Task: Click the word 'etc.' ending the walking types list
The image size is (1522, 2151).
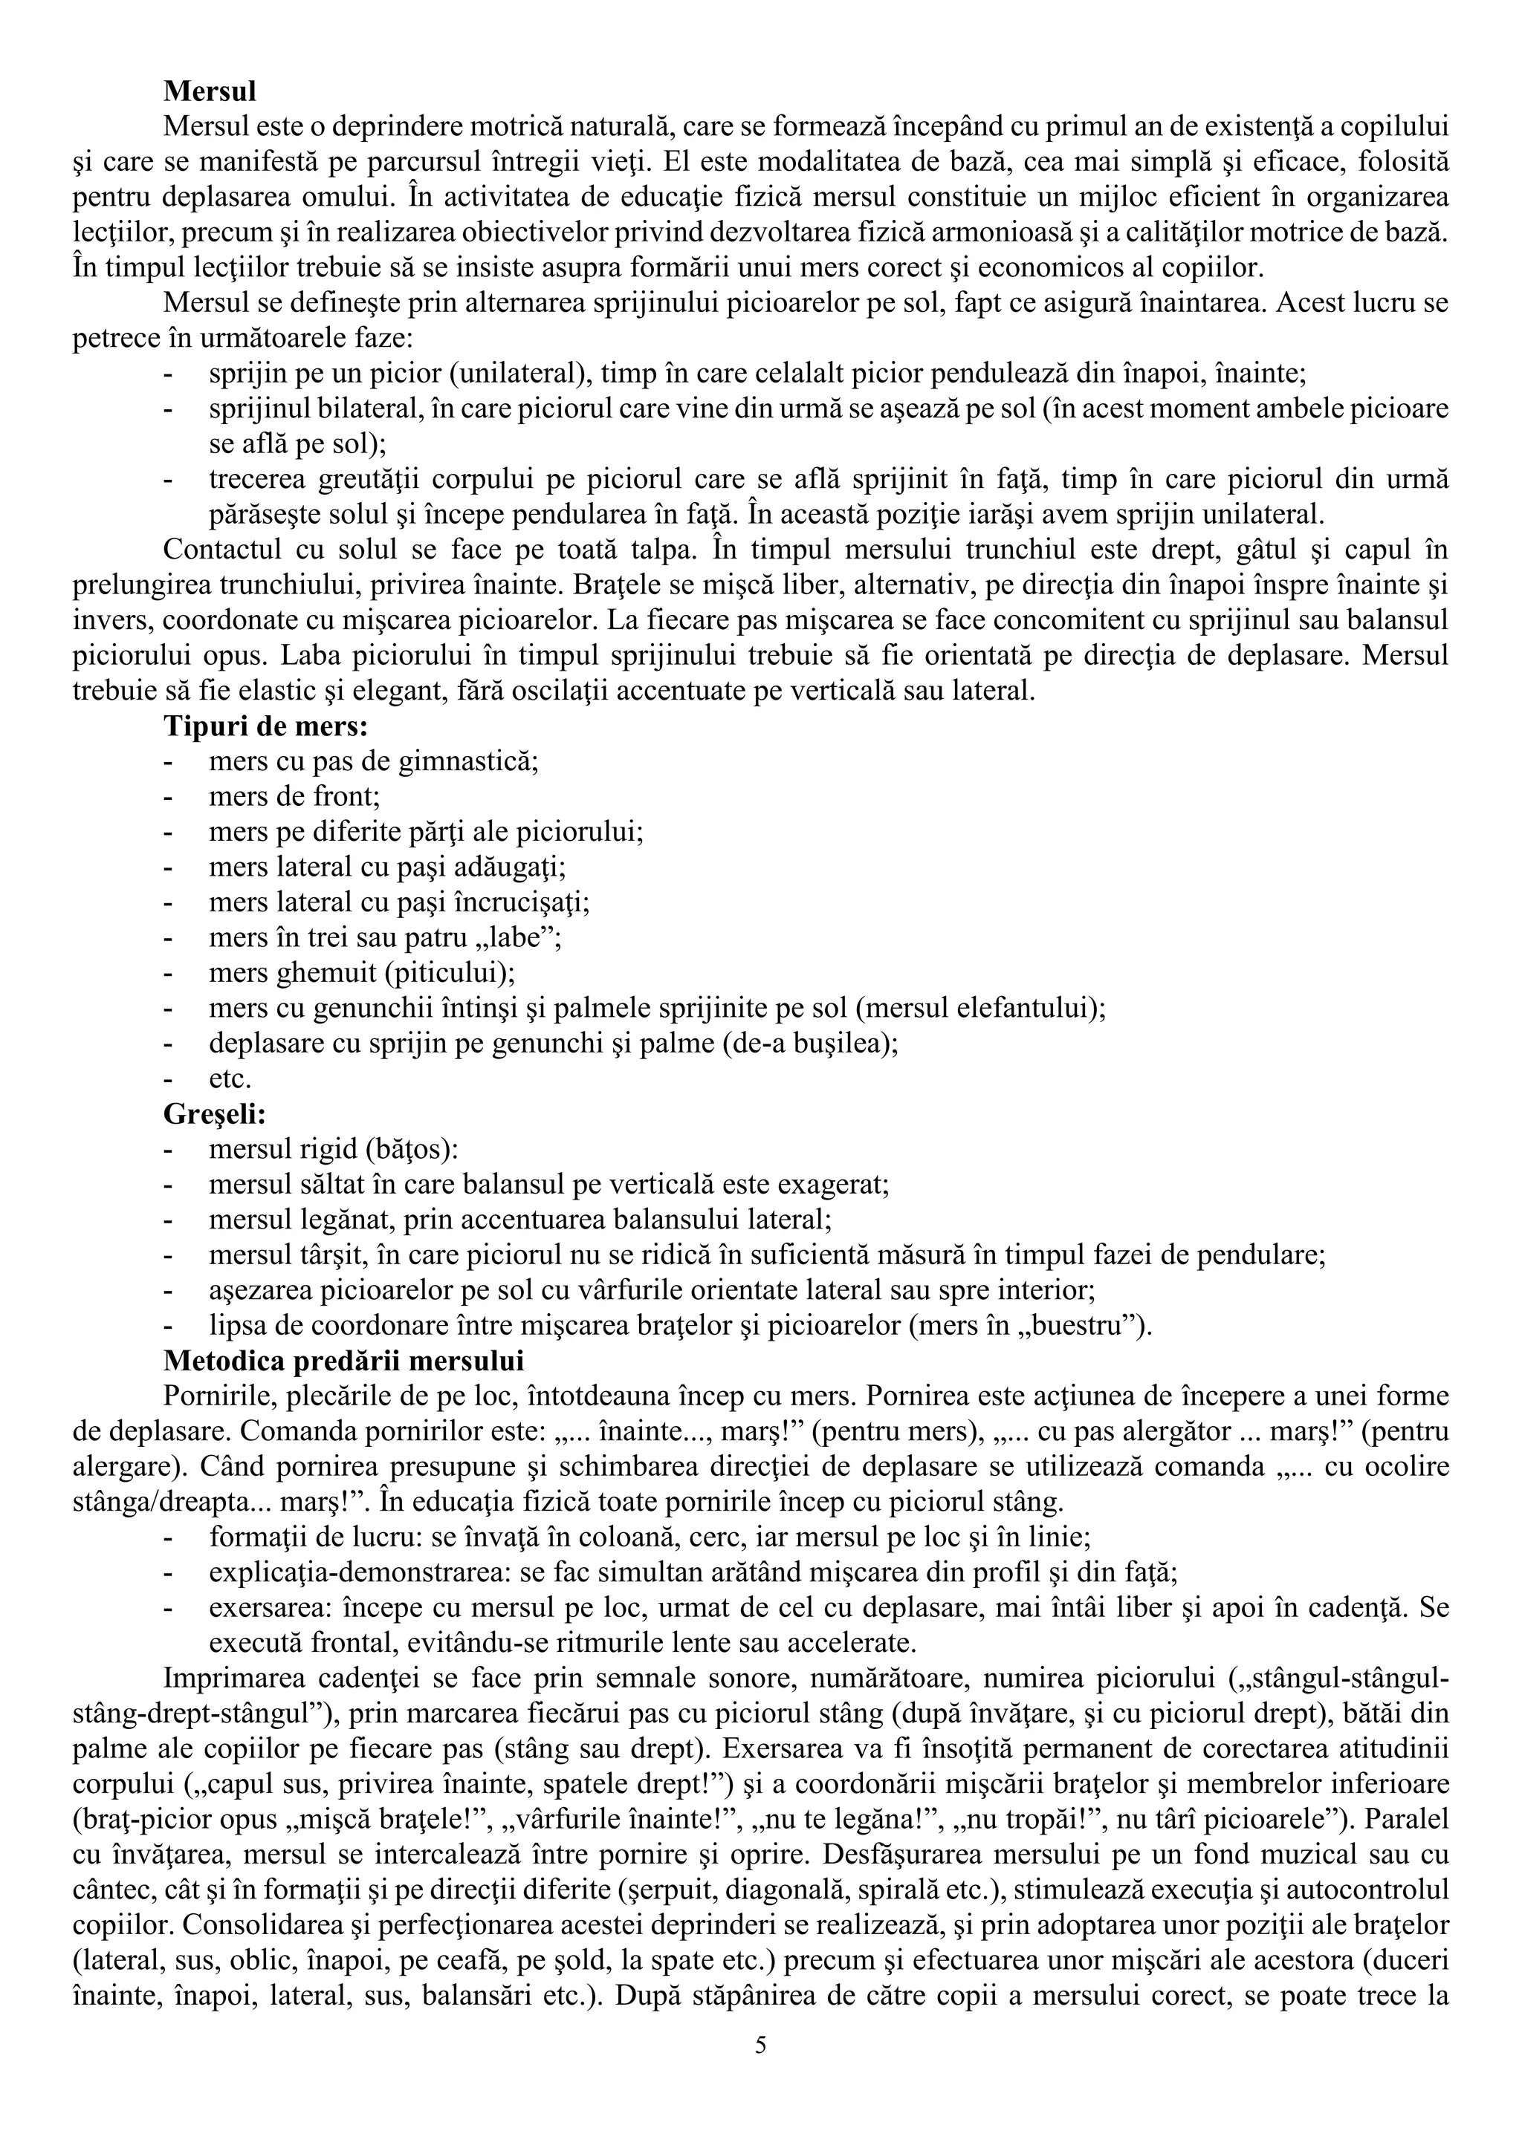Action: tap(230, 1079)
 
